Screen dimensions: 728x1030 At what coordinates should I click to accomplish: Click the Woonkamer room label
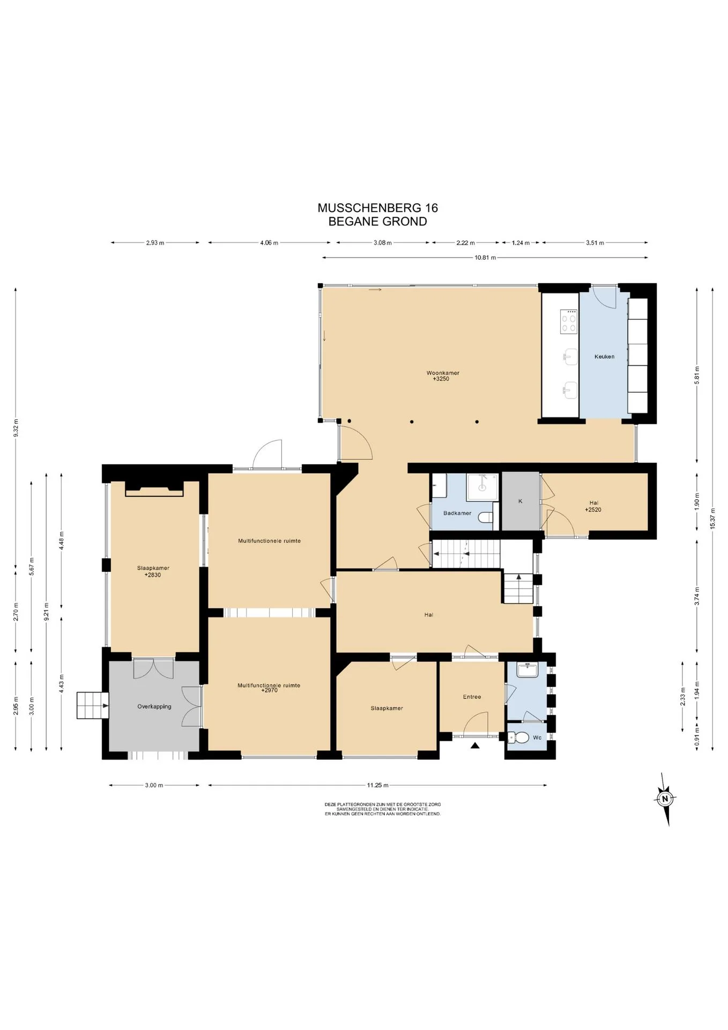coord(443,373)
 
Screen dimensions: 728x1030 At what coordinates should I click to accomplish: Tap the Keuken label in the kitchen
coord(604,357)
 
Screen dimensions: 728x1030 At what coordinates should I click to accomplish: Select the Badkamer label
coord(457,513)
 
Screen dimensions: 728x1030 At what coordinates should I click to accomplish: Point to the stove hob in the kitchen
coord(569,322)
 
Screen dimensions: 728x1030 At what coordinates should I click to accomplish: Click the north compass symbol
coord(665,799)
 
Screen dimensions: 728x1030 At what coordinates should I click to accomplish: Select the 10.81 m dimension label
coord(485,258)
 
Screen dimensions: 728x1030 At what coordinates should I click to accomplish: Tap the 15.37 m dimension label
coord(712,519)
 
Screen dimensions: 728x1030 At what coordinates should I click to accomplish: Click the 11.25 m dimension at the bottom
coord(377,785)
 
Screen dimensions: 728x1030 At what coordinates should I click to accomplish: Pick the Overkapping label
coord(154,707)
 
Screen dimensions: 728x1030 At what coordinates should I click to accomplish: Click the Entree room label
coord(472,697)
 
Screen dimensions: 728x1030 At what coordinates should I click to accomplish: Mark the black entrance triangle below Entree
coord(475,745)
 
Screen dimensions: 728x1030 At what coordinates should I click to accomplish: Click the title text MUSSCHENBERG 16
coord(377,208)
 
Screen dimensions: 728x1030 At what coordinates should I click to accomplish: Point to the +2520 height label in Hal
coord(593,510)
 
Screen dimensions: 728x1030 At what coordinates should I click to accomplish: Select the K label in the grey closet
coord(520,501)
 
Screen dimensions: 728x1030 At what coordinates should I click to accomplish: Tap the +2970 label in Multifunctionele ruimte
coord(269,690)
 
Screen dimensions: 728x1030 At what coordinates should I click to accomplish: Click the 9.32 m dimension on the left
coord(16,428)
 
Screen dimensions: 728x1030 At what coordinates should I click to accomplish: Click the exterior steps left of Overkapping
coord(93,705)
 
